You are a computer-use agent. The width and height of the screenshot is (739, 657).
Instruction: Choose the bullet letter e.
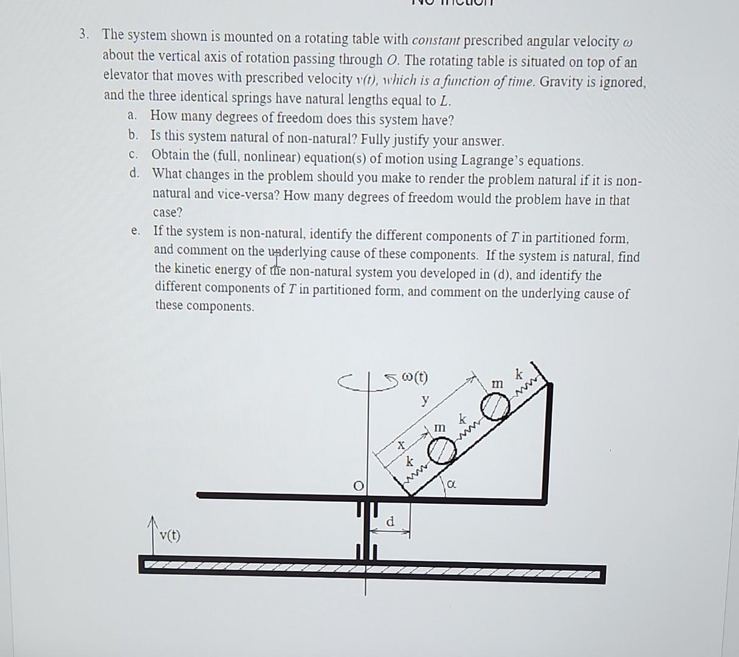135,231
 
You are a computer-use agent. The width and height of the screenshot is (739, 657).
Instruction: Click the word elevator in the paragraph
126,77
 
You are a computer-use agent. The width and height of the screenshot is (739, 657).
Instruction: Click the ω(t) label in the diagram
416,377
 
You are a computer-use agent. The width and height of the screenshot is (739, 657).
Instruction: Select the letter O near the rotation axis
359,485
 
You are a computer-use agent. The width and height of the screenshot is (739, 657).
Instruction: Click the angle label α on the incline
451,484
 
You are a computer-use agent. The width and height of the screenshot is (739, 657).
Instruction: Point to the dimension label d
391,521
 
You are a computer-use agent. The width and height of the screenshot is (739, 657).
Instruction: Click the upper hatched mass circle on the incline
495,407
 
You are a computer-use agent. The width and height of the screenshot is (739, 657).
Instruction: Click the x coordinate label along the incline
400,445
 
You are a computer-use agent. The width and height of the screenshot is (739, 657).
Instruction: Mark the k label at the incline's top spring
518,373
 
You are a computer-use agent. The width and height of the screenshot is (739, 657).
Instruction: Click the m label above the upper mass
497,383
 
